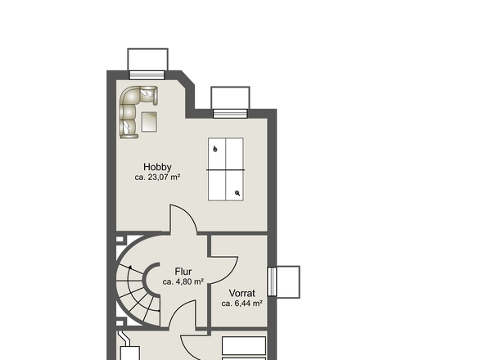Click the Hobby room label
pos(157,167)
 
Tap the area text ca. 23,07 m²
pos(157,178)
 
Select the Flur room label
pos(183,272)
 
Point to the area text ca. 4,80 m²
pos(183,281)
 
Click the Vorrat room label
pos(242,293)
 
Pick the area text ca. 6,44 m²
pos(242,304)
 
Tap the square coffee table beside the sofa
pos(149,122)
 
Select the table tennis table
pos(226,169)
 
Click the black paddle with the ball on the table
pos(215,150)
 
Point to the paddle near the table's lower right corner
pos(237,193)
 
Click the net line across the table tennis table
pos(226,169)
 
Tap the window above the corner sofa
pos(147,75)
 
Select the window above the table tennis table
pos(230,114)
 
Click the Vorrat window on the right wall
pos(272,281)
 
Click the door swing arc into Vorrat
pos(229,275)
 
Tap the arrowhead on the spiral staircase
pos(130,268)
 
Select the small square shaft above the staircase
pos(120,239)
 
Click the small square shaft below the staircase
pos(120,323)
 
